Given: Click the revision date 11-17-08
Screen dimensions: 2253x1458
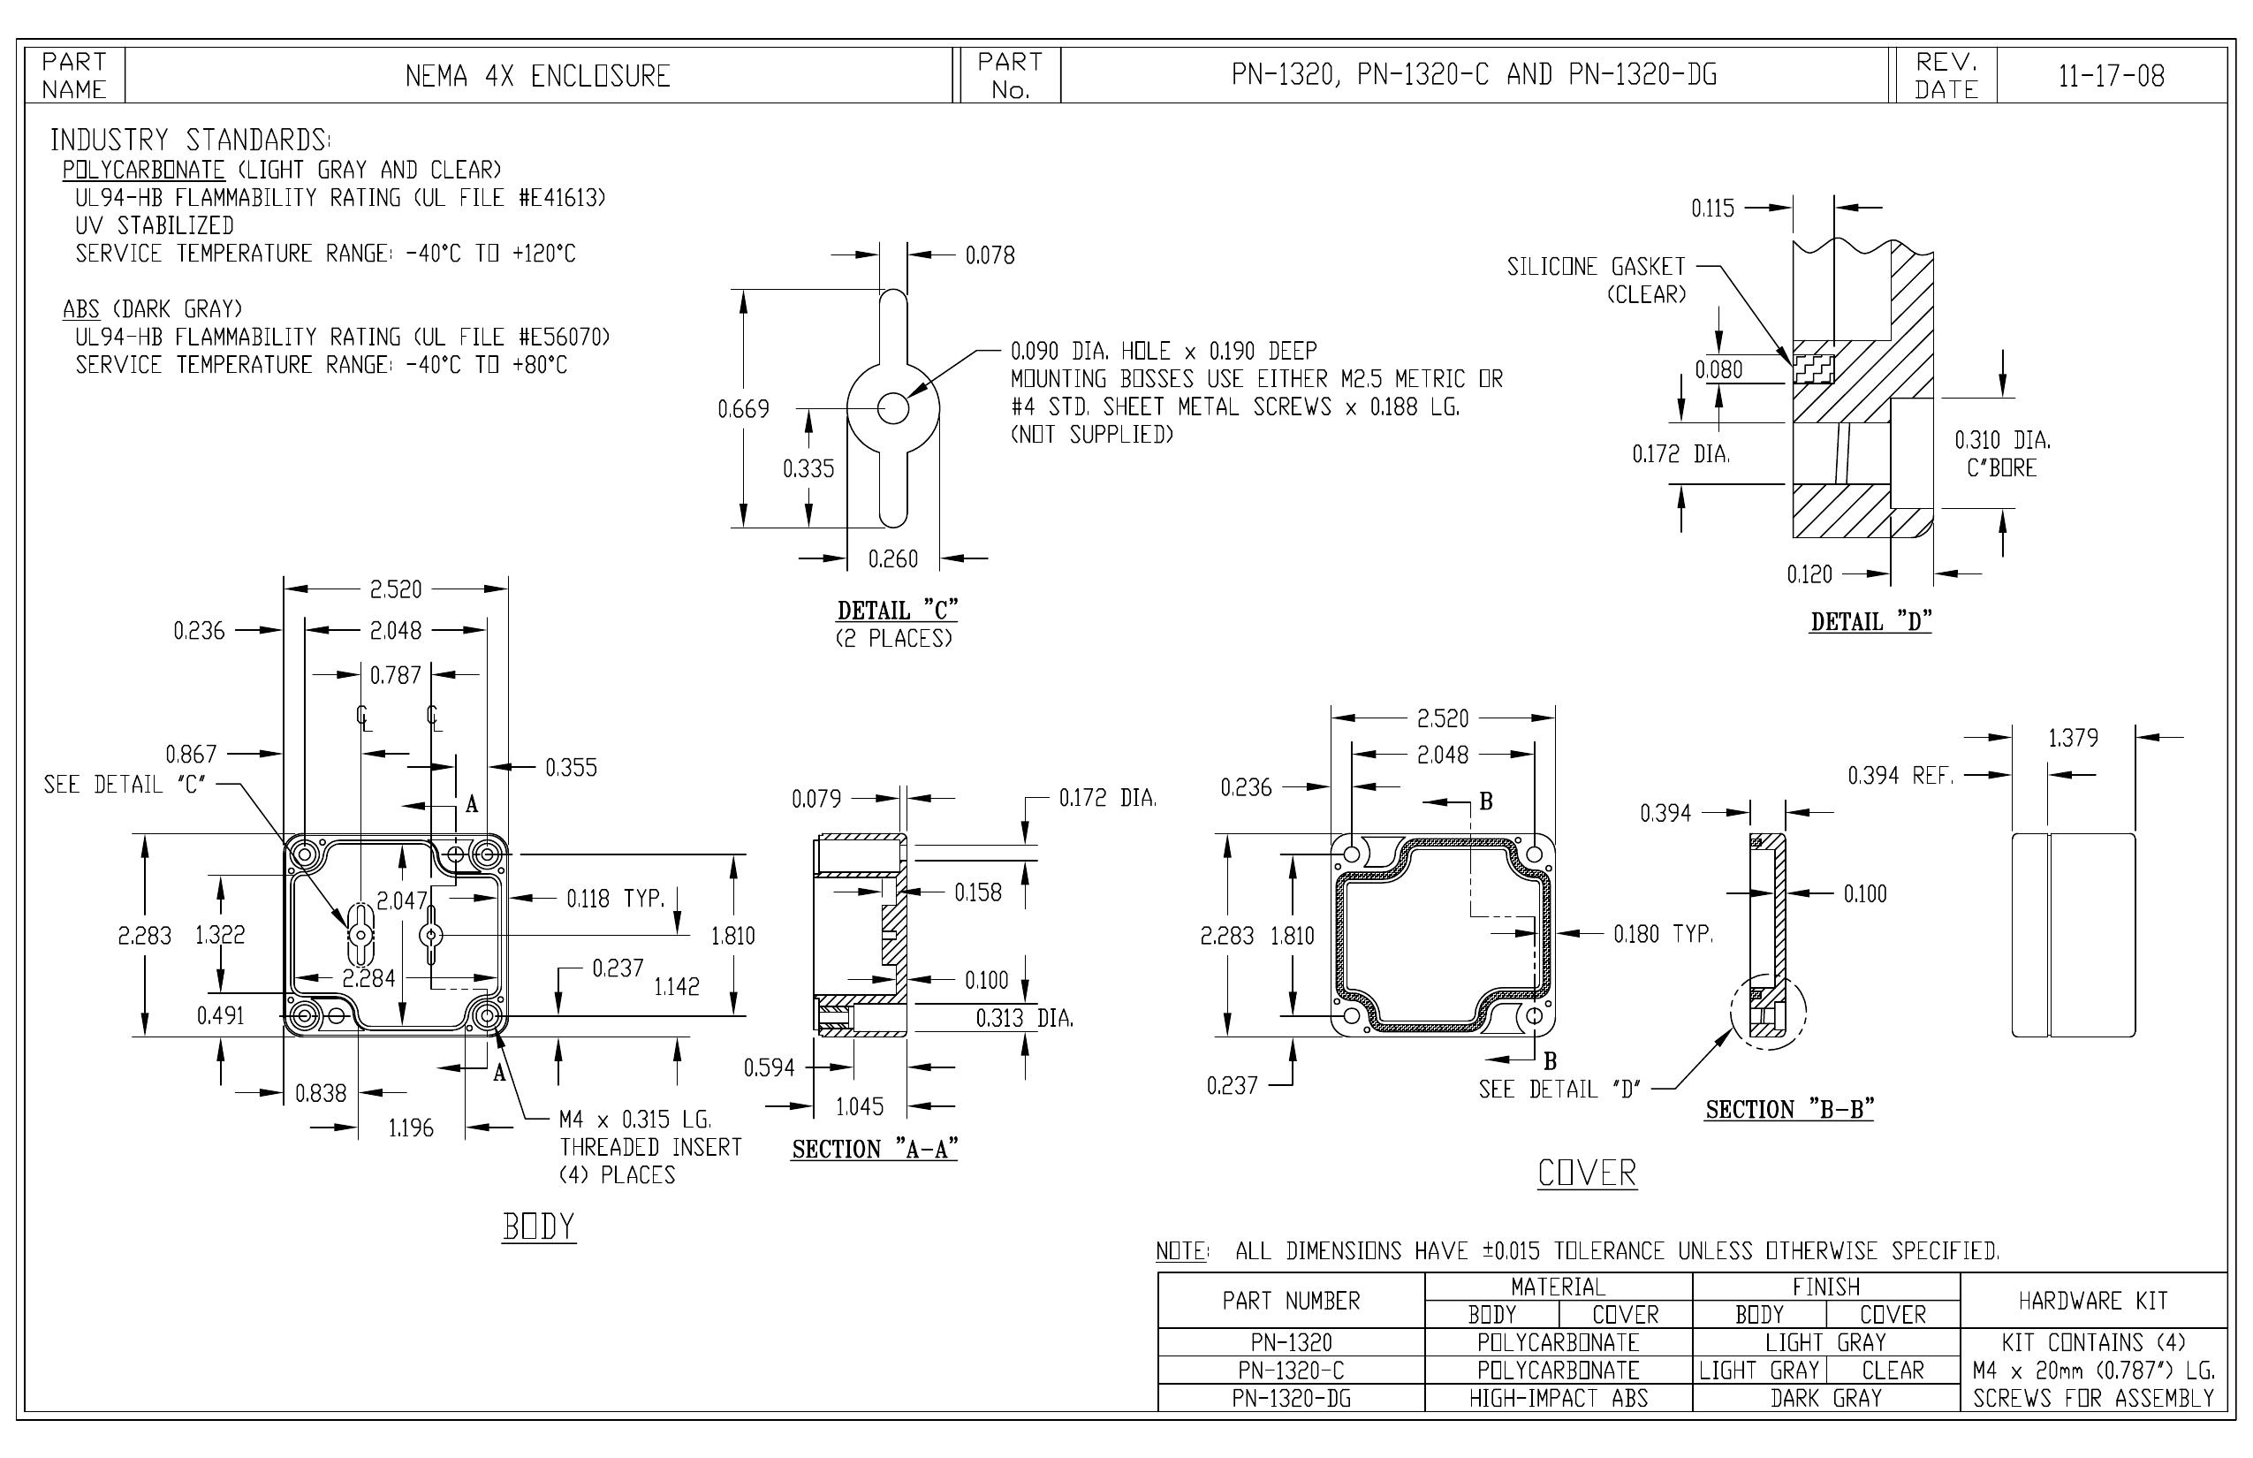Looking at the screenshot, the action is tap(2111, 76).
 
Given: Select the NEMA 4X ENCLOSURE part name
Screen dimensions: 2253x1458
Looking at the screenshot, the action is tap(538, 76).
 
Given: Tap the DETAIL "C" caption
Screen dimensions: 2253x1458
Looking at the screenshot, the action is tap(898, 611).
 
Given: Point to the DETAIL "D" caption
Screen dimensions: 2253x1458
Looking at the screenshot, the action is tap(1870, 622).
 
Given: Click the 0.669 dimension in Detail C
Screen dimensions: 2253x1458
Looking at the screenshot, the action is tap(743, 409).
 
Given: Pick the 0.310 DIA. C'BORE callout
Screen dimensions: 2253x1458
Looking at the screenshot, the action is tap(2002, 453).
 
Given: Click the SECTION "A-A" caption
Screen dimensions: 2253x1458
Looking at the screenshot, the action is tap(875, 1150).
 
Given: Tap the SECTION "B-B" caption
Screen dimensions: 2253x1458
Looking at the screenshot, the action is tap(1789, 1110).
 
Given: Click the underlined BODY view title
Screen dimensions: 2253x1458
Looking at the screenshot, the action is tap(539, 1227).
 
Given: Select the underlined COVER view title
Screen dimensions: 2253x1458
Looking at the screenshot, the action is tap(1587, 1174).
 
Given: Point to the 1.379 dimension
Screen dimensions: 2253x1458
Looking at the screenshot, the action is tap(2073, 738).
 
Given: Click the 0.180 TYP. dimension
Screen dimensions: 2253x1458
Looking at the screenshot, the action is tap(1663, 935).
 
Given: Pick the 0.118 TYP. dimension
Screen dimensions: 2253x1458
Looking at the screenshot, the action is tap(617, 899).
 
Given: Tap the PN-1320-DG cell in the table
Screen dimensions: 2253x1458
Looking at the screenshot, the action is tap(1291, 1398).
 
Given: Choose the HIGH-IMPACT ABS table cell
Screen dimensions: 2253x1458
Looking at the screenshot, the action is tap(1559, 1398).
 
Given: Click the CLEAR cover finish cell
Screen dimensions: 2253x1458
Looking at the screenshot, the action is tap(1893, 1370).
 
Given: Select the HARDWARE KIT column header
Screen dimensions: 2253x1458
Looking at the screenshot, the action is tap(2093, 1301).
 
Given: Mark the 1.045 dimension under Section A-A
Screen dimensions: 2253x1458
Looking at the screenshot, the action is tap(860, 1105).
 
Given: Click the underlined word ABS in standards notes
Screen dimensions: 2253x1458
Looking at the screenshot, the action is tap(81, 308).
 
